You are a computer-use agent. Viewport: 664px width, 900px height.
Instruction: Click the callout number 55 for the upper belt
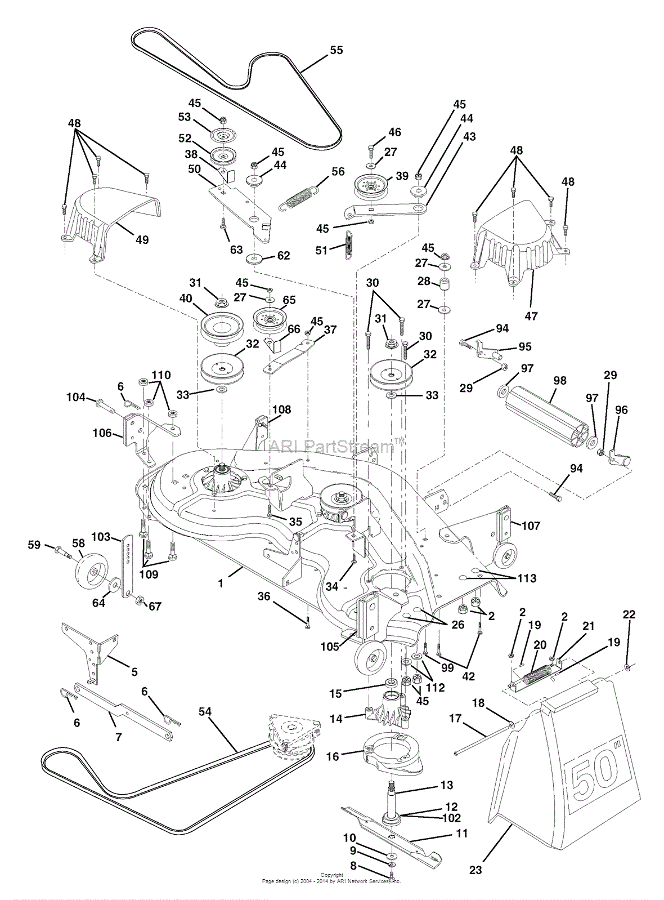point(335,50)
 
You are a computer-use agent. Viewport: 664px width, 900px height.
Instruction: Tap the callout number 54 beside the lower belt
point(205,712)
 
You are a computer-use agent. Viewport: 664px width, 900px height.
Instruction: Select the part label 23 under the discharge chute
point(476,870)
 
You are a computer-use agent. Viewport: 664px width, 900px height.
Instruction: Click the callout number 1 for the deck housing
point(221,583)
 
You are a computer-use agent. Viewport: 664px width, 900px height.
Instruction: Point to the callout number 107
point(531,525)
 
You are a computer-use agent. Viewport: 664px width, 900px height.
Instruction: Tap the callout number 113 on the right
point(527,578)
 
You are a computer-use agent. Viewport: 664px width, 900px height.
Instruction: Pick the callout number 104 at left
point(75,397)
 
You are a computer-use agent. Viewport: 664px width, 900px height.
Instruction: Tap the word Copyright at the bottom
point(331,875)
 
